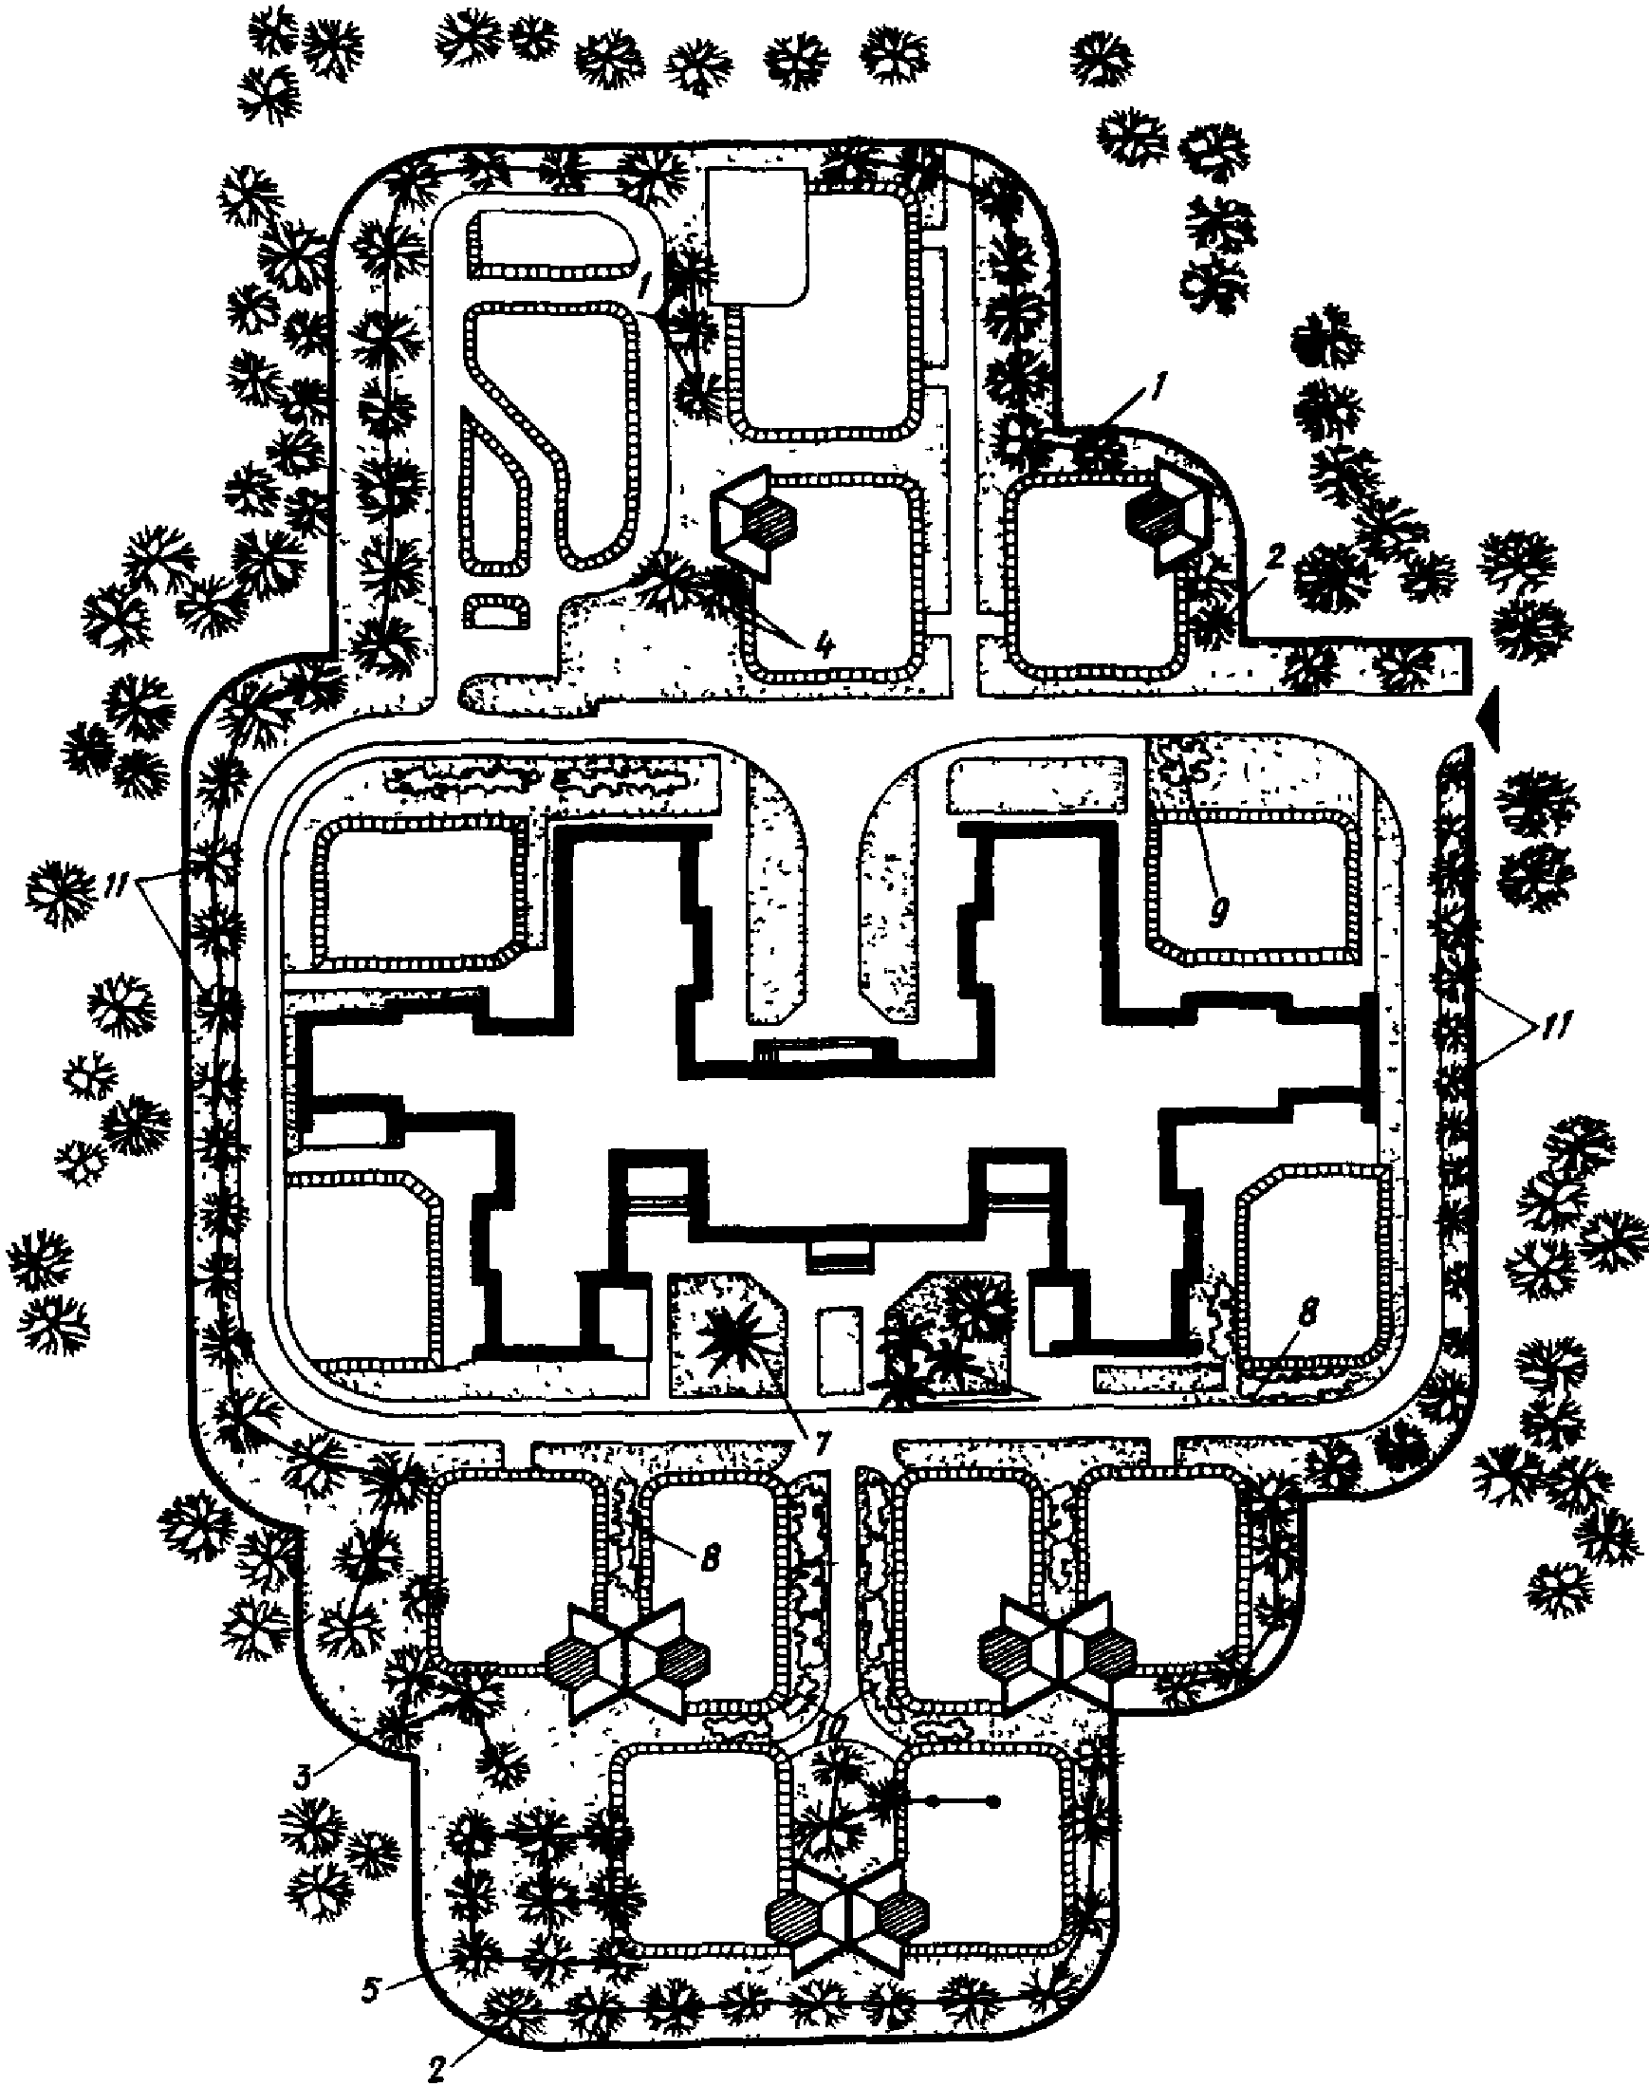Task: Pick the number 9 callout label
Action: pos(1218,911)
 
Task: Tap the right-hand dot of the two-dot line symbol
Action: pos(992,1801)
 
